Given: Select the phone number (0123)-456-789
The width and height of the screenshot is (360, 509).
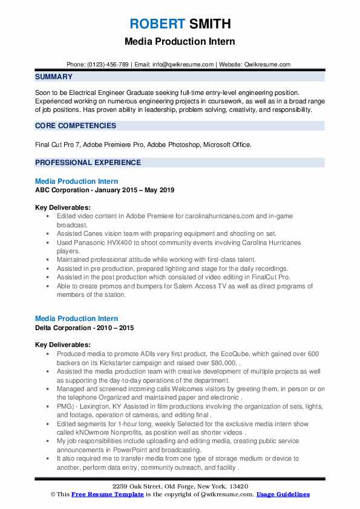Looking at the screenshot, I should point(106,64).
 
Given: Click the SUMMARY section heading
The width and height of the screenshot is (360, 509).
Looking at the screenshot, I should point(54,77).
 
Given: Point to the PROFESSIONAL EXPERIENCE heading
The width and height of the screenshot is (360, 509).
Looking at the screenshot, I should point(88,163).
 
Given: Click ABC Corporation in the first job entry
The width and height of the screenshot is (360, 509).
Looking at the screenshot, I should point(62,190).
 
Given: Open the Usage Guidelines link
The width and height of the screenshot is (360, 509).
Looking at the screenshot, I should point(283,494).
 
